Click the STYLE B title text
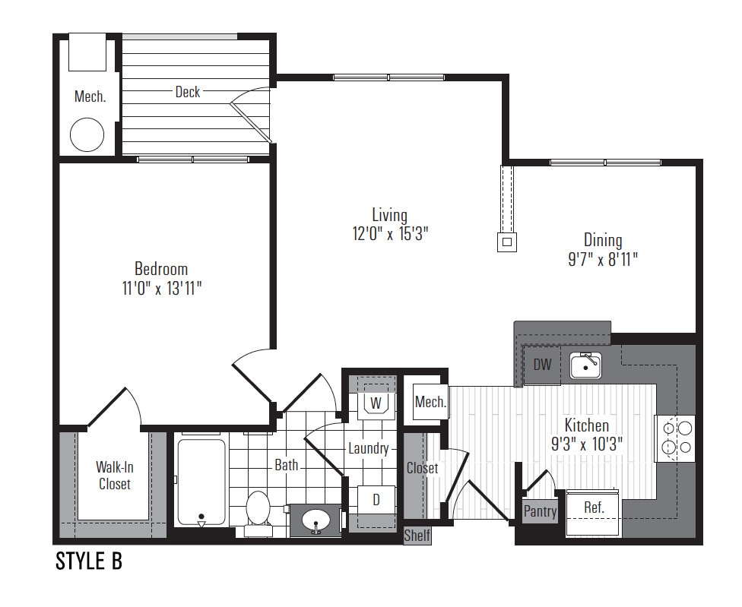tap(89, 561)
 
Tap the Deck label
tap(187, 92)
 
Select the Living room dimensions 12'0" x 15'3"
tap(391, 233)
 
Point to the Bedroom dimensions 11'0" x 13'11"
tap(162, 288)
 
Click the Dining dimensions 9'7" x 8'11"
tap(603, 259)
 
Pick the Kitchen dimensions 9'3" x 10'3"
tap(587, 444)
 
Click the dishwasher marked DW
tap(542, 365)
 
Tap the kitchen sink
tap(585, 365)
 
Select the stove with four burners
tap(675, 438)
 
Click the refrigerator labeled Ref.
tap(594, 513)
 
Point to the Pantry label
tap(540, 511)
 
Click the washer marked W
tap(376, 403)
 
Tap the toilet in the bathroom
tap(258, 513)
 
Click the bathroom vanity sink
tap(316, 520)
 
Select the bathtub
tap(201, 482)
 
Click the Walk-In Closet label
tap(115, 476)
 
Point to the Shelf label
tap(417, 536)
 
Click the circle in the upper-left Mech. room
tap(87, 134)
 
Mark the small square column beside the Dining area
tap(507, 242)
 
